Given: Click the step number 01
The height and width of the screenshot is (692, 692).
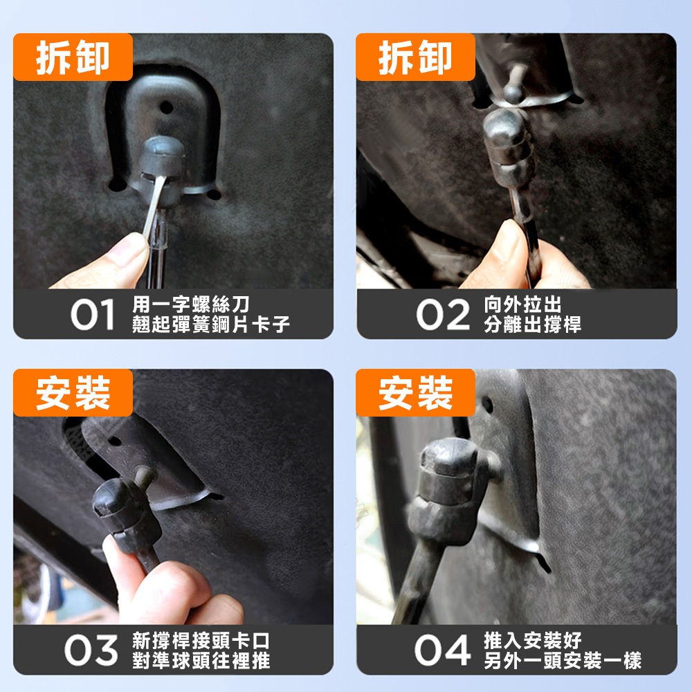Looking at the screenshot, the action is pyautogui.click(x=93, y=314).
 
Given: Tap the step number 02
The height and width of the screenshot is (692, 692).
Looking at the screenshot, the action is pyautogui.click(x=443, y=314).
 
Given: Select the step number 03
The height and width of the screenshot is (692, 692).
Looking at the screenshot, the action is pyautogui.click(x=91, y=650).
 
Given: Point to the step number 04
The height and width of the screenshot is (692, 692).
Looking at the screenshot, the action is pyautogui.click(x=443, y=650).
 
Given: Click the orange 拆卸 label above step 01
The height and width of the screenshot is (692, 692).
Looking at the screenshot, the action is pyautogui.click(x=73, y=57).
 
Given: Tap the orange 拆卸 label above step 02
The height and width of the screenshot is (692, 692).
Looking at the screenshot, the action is pyautogui.click(x=415, y=57).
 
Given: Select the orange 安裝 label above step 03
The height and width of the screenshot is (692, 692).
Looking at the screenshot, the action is pyautogui.click(x=73, y=393).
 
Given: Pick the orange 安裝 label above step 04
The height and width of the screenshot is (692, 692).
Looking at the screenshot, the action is pyautogui.click(x=415, y=393).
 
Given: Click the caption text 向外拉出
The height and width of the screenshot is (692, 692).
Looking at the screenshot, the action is pyautogui.click(x=522, y=304).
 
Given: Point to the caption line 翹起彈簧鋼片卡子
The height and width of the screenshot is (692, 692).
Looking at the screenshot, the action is pyautogui.click(x=211, y=325).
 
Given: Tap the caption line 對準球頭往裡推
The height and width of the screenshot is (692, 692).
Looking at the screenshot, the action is pyautogui.click(x=201, y=661).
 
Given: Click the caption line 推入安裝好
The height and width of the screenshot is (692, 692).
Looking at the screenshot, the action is pyautogui.click(x=533, y=640).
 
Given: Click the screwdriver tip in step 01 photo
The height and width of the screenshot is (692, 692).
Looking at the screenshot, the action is pyautogui.click(x=161, y=180).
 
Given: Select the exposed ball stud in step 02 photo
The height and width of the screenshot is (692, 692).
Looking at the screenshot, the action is pyautogui.click(x=513, y=84).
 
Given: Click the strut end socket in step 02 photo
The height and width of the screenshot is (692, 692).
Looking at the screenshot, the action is pyautogui.click(x=509, y=145).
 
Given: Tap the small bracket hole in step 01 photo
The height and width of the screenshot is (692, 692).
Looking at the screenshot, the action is pyautogui.click(x=166, y=107).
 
